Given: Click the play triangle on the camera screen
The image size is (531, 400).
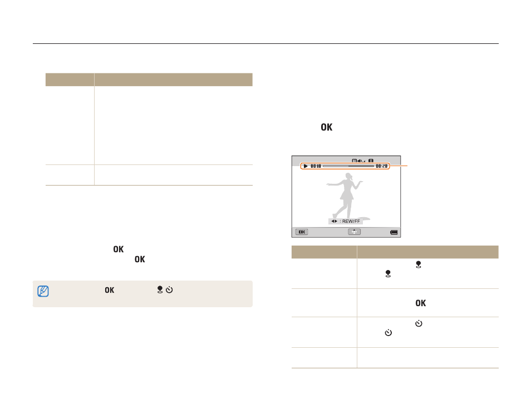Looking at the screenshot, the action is coord(306,166).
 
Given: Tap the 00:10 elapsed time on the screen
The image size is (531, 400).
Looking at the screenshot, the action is coord(316,166).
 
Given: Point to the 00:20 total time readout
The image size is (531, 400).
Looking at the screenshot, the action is coord(381,166).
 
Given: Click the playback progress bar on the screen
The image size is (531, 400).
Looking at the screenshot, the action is coord(348,166).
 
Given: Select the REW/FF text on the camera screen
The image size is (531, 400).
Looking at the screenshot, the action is coord(351,221).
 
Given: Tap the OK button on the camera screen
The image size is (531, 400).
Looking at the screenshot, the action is coord(302,232).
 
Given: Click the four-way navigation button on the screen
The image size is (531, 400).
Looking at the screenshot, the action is coord(354,232).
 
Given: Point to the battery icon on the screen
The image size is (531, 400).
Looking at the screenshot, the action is coord(394,232).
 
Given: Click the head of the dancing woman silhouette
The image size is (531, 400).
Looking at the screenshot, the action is coord(348,176).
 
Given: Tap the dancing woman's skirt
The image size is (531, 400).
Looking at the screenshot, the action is coord(347,195).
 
